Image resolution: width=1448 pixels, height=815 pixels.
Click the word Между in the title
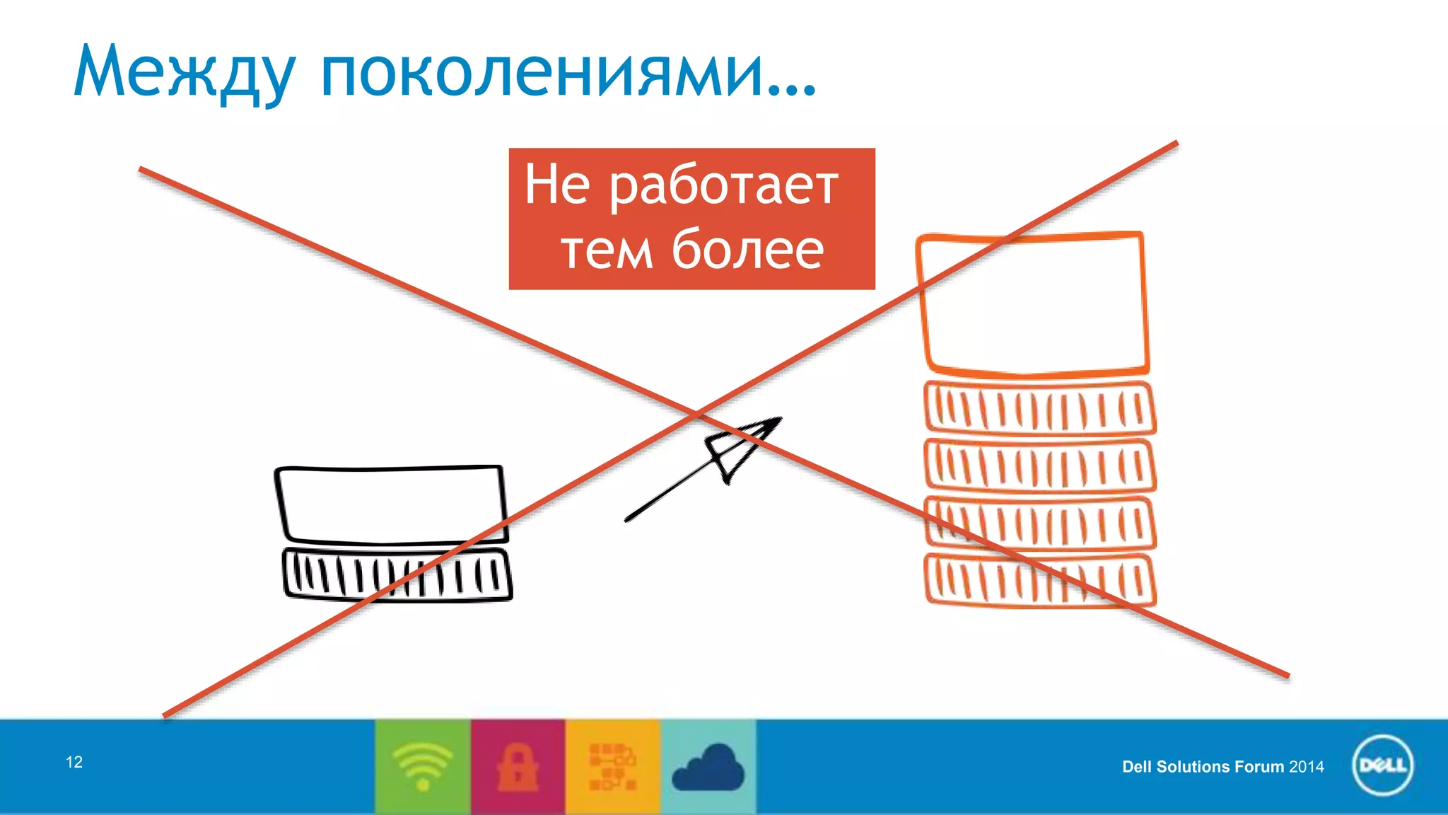coord(184,73)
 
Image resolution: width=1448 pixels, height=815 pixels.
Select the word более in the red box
coord(747,250)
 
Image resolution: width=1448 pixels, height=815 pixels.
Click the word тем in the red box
coord(606,252)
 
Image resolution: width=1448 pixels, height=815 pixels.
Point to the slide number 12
coord(74,762)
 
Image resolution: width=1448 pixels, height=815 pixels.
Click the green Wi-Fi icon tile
coord(423,767)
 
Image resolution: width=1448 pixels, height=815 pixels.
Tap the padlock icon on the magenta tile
coord(518,767)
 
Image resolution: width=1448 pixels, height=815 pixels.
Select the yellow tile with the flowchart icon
coord(613,767)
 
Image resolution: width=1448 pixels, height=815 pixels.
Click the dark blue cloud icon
coord(708,769)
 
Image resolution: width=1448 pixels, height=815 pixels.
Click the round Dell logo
coord(1382,766)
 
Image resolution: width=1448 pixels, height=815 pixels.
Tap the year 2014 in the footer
coord(1306,767)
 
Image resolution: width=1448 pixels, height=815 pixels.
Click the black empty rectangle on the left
coord(391,504)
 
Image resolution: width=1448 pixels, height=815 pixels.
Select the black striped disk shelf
coord(397,574)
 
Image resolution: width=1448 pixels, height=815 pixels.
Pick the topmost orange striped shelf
coord(1039,408)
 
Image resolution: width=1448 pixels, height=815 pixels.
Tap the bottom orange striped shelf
coord(1039,580)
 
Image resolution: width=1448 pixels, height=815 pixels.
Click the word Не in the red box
coord(557,185)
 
